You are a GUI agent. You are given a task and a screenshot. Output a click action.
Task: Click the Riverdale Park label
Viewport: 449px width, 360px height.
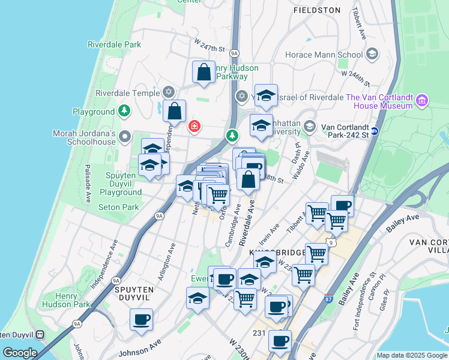114,44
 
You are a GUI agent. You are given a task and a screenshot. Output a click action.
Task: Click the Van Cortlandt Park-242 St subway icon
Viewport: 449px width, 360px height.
375,131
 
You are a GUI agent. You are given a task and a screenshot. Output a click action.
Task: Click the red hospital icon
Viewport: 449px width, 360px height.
194,126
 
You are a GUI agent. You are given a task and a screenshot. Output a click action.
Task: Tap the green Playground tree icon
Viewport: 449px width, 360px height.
124,110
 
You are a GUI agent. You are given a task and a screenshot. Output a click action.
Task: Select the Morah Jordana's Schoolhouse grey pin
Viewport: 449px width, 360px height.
125,136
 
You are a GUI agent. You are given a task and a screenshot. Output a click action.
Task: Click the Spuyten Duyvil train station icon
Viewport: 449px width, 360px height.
40,334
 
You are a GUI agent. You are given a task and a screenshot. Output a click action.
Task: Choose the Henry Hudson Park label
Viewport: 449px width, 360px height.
67,300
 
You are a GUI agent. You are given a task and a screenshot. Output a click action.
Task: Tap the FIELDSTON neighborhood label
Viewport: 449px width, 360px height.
317,10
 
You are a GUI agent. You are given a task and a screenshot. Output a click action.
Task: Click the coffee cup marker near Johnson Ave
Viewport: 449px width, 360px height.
142,319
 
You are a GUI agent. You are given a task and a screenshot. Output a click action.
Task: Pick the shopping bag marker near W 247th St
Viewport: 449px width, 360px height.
203,71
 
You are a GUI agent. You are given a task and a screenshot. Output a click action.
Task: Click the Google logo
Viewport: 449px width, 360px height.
19,353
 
